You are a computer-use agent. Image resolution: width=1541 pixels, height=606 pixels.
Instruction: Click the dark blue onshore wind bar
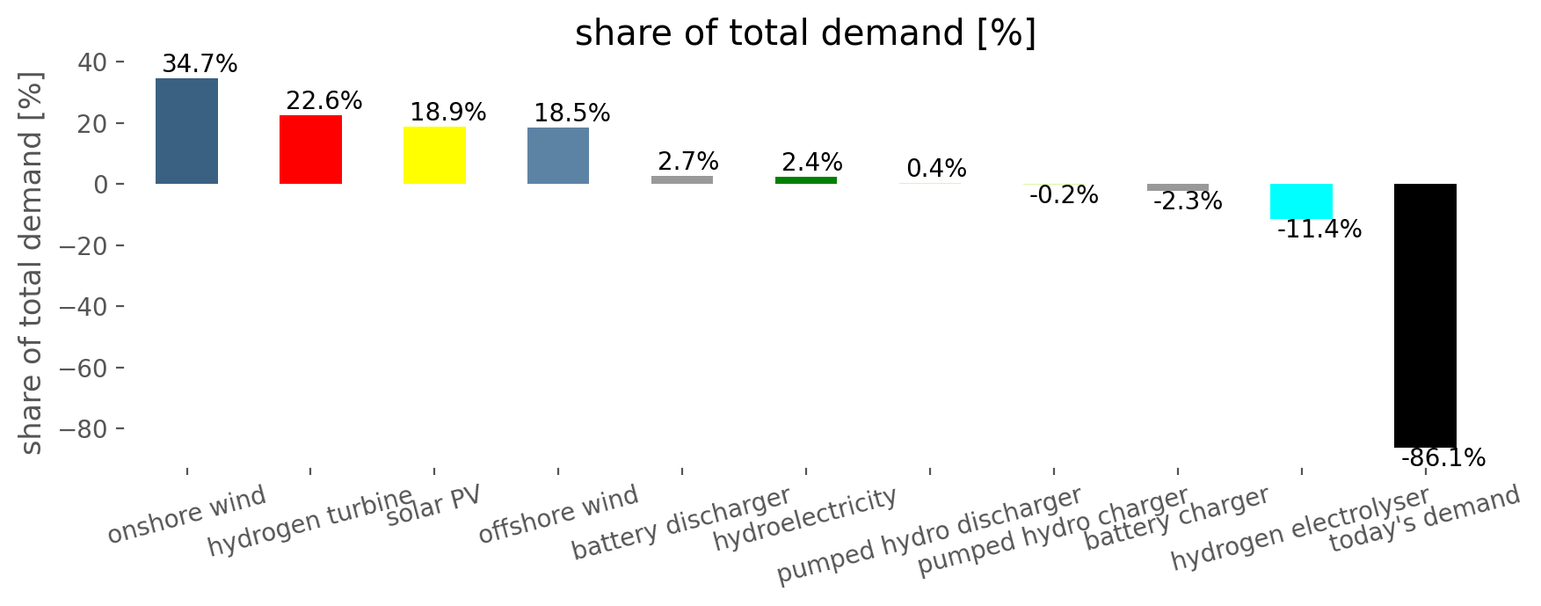click(x=186, y=131)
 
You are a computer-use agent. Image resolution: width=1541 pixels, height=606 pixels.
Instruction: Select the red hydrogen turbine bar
click(x=310, y=150)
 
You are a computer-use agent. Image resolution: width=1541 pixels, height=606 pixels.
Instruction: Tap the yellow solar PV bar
click(x=434, y=155)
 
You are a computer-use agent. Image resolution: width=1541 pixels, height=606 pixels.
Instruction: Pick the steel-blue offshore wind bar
click(x=558, y=156)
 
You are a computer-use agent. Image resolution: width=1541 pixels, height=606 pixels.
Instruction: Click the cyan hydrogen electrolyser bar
click(x=1301, y=201)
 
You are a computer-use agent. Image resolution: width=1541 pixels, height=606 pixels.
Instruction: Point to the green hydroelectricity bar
click(x=806, y=180)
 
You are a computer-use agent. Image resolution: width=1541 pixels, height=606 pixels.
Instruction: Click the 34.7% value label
click(x=200, y=64)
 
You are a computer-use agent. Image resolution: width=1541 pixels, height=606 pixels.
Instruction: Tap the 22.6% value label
click(x=323, y=101)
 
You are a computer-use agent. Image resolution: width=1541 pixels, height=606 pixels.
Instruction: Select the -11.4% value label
click(x=1319, y=230)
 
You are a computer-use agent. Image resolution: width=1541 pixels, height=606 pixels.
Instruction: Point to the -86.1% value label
click(x=1443, y=458)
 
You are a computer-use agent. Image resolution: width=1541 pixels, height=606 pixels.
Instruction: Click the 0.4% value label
click(x=936, y=169)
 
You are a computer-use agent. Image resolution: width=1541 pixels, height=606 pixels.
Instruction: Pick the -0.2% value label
click(x=1063, y=195)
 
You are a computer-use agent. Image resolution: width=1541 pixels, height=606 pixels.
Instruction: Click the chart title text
click(x=805, y=33)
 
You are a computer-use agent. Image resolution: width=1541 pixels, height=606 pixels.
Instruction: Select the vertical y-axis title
click(x=31, y=263)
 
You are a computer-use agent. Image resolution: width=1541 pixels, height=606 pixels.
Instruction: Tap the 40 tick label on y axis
click(x=92, y=62)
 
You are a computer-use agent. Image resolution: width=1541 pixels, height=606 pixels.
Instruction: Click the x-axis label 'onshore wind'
click(x=186, y=515)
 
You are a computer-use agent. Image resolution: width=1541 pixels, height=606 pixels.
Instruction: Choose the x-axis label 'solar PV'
click(x=434, y=506)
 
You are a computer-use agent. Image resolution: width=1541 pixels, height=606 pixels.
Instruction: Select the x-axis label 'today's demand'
click(x=1424, y=519)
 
